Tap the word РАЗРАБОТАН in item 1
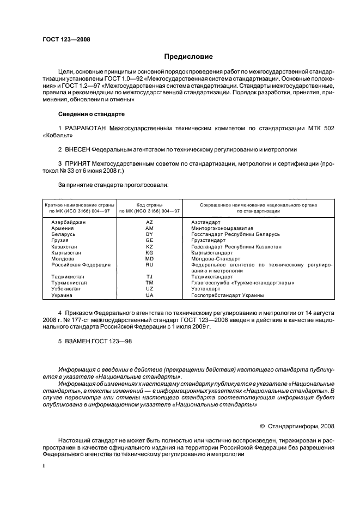coord(88,128)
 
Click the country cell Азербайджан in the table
coord(69,222)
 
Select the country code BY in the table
coord(149,234)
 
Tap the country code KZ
coord(149,246)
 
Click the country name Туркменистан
coord(70,283)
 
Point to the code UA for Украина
coord(149,295)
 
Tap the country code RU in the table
coord(149,264)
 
